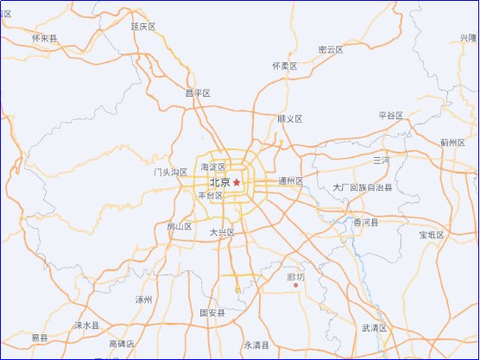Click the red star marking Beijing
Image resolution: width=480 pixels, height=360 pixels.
point(237,182)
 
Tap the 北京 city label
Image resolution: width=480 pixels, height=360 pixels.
point(219,182)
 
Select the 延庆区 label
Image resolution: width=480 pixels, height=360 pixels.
point(143,27)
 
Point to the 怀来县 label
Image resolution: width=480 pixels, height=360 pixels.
point(44,39)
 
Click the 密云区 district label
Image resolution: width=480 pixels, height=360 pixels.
point(331,50)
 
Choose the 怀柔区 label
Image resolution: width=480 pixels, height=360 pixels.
point(284,66)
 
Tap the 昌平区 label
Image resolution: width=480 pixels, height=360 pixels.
point(198,93)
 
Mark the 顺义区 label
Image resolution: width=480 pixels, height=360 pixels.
point(290,118)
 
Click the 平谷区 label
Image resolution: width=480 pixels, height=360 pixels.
point(391,115)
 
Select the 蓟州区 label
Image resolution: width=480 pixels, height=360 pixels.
point(452,142)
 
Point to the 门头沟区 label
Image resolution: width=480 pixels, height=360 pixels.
point(171,173)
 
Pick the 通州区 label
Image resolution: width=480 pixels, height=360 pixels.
point(291,181)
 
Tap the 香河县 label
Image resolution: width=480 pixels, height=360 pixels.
point(366,223)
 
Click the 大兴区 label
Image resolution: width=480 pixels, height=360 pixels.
point(223,233)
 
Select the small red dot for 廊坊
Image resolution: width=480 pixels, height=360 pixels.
point(296,286)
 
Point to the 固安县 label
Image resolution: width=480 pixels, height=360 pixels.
point(212,313)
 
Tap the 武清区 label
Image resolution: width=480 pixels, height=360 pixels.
point(375,328)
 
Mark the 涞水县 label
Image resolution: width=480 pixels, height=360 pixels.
point(86,325)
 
